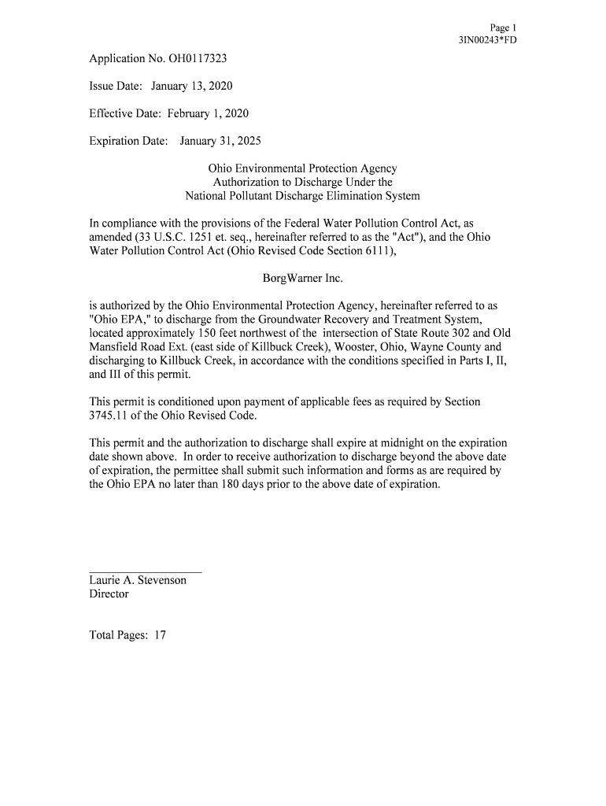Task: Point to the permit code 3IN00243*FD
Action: click(x=487, y=40)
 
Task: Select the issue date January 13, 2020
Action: click(x=192, y=86)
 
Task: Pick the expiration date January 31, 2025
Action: click(x=220, y=141)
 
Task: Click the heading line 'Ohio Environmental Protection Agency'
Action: click(x=302, y=168)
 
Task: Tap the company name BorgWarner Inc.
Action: click(x=302, y=279)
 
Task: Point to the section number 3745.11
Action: click(x=111, y=415)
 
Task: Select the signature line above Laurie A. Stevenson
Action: click(x=146, y=571)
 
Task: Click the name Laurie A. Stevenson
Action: click(x=138, y=580)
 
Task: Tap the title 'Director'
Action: click(x=109, y=594)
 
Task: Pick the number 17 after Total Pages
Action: click(x=159, y=635)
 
